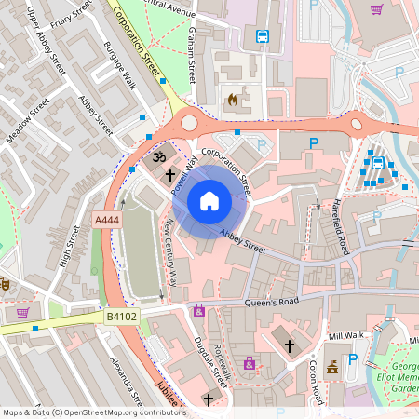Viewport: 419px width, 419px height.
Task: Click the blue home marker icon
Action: (x=209, y=201)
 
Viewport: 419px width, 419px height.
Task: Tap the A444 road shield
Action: (x=106, y=221)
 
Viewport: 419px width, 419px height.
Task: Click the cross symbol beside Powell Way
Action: (x=170, y=174)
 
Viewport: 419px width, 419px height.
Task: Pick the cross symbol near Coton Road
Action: (x=289, y=345)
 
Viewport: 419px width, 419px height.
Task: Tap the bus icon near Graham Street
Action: (x=263, y=37)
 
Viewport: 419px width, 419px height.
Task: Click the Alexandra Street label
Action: (x=125, y=379)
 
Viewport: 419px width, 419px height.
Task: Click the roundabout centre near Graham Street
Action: (x=189, y=121)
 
